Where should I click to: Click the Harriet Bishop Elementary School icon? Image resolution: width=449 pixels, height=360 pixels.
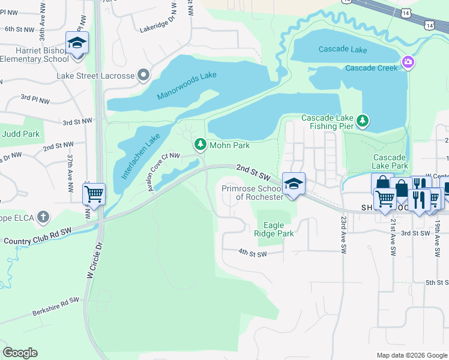click(77, 43)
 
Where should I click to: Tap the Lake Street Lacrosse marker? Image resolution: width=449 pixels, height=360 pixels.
click(143, 76)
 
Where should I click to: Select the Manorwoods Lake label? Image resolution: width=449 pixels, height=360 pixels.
click(186, 86)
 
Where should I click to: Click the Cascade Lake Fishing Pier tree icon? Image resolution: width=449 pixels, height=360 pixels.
click(363, 121)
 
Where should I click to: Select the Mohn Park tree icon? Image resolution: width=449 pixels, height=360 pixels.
click(199, 145)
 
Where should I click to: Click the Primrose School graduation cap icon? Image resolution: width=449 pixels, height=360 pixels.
click(294, 184)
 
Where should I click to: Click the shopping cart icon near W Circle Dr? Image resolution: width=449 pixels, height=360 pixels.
click(94, 195)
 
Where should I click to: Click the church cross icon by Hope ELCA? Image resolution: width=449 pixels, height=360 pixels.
click(43, 216)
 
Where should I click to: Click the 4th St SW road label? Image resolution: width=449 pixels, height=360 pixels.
click(252, 253)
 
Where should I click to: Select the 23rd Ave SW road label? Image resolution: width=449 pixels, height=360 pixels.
click(343, 234)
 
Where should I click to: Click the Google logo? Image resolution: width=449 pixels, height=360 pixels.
click(20, 353)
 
